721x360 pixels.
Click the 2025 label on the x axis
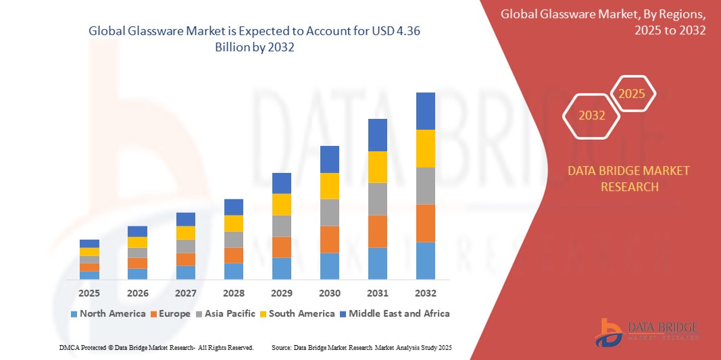(89, 293)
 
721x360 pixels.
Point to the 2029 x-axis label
(282, 293)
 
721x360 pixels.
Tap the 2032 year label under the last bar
(426, 293)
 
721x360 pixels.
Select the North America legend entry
(107, 313)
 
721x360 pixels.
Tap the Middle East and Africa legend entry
(394, 313)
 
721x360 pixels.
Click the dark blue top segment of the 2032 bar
(426, 111)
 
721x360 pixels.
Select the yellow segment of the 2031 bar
(378, 167)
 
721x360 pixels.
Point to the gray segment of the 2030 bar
(330, 212)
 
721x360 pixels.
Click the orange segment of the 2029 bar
(282, 247)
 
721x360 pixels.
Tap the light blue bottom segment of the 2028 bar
(234, 271)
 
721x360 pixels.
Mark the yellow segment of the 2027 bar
(186, 232)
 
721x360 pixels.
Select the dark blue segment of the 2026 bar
(137, 231)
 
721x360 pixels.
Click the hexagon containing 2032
(591, 115)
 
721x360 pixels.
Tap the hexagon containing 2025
(632, 94)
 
